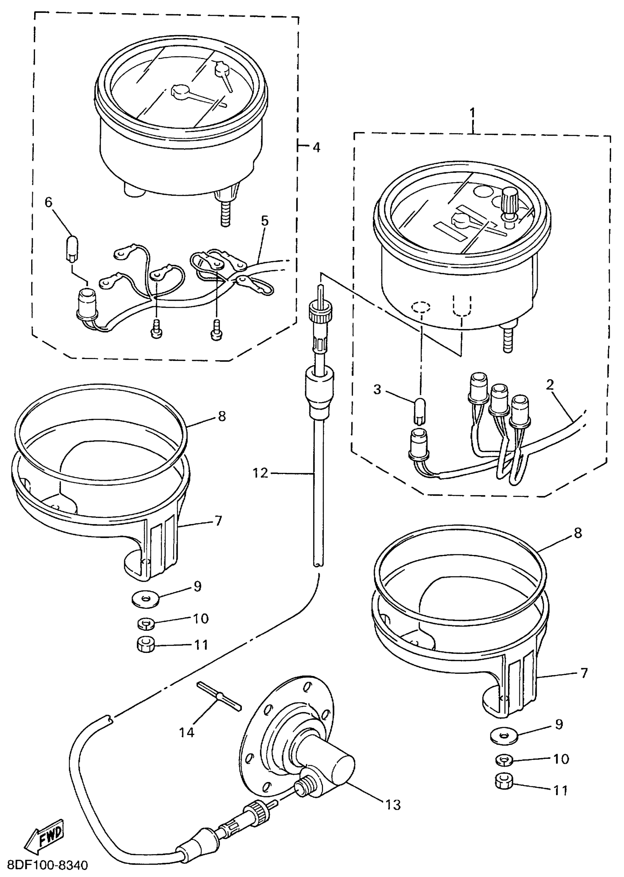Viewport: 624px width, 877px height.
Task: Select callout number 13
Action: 392,804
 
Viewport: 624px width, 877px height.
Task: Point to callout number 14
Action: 187,732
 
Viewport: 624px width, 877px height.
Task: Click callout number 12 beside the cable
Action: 260,473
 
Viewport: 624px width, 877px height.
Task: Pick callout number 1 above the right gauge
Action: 472,114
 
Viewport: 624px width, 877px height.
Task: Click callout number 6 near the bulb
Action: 48,202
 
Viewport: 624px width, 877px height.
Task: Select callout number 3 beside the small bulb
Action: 377,390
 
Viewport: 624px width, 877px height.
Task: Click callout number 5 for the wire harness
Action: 265,221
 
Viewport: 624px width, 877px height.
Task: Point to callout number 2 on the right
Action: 550,384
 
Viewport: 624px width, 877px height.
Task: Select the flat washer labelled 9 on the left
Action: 145,599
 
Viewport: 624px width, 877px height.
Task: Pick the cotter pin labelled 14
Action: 219,695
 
